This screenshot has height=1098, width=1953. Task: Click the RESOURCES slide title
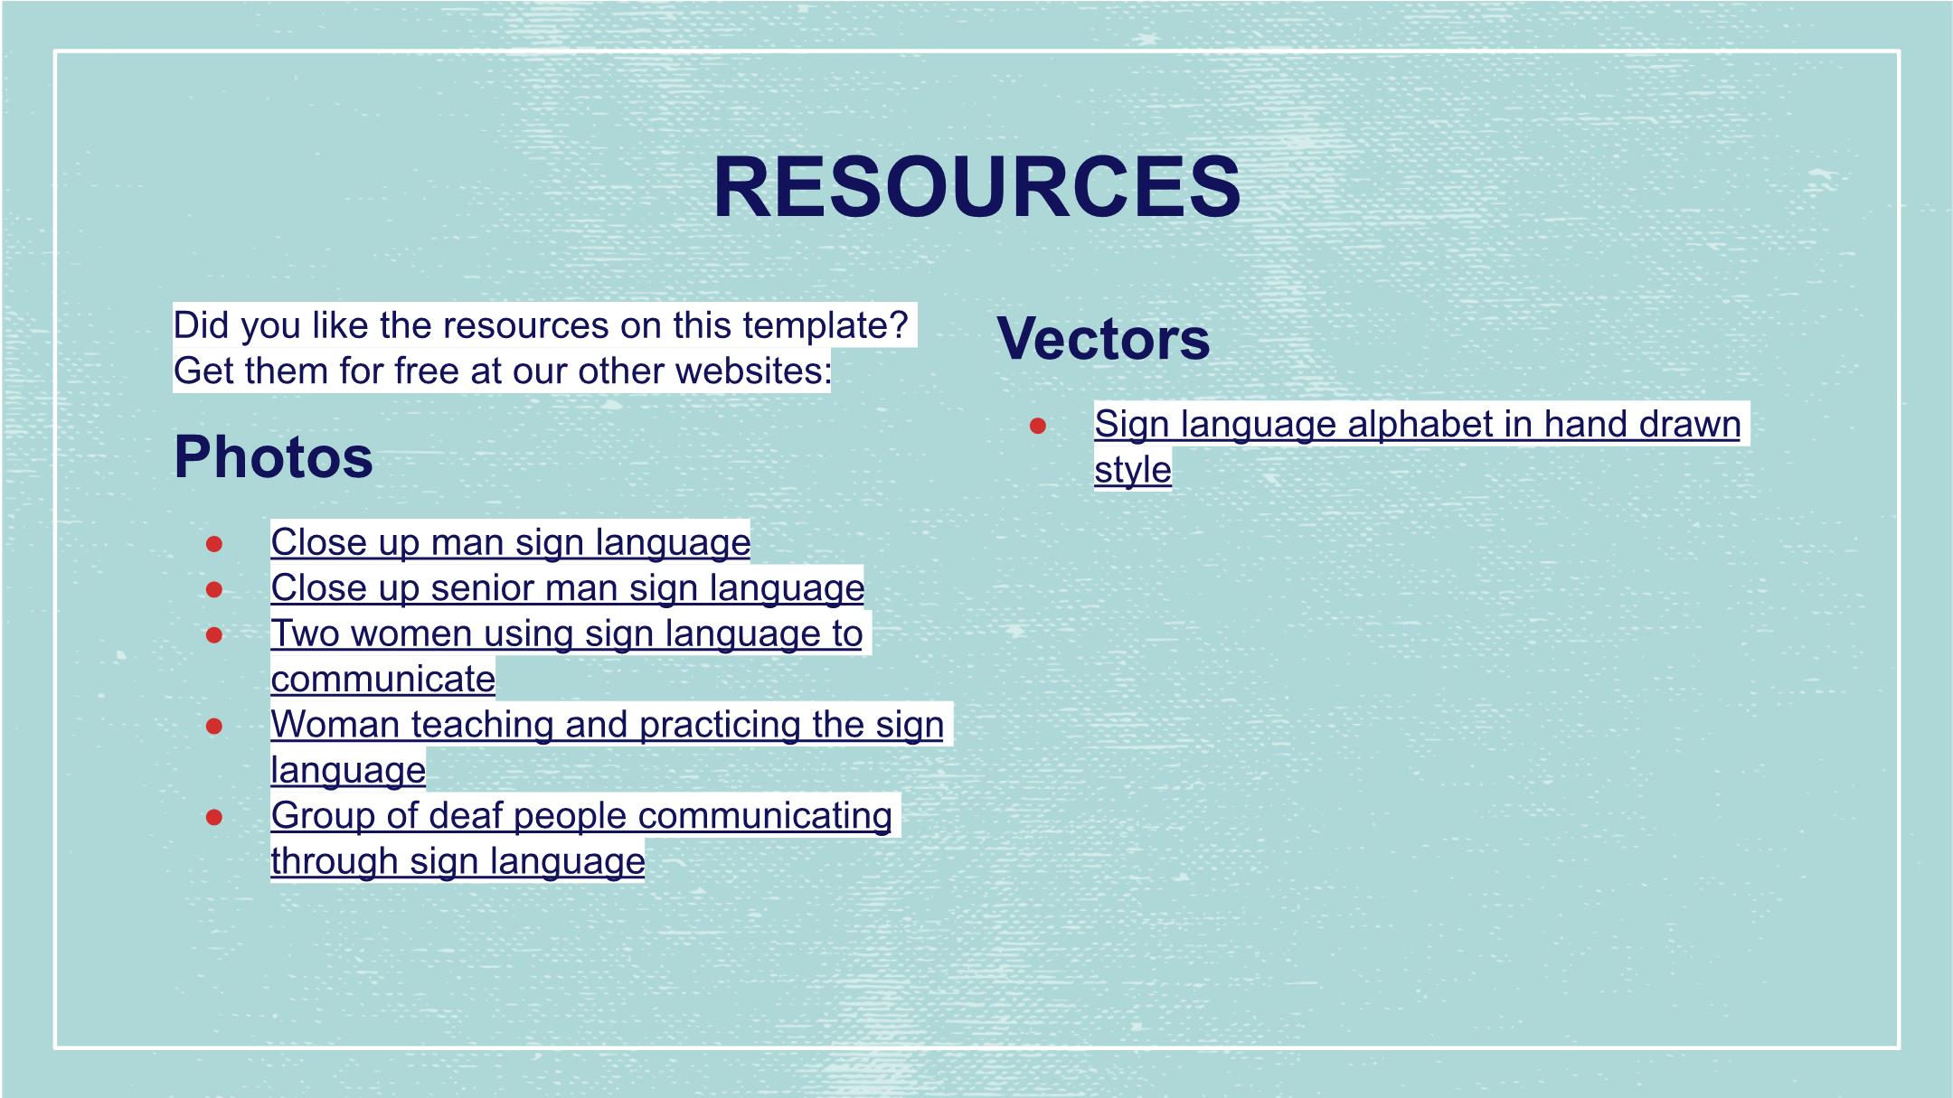click(976, 187)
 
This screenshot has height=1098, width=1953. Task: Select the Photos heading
click(273, 456)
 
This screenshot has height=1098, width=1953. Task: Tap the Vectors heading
click(1103, 339)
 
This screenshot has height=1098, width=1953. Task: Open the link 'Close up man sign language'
click(511, 542)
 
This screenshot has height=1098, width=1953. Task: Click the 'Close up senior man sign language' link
click(568, 587)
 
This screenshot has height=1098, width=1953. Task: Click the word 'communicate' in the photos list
click(383, 679)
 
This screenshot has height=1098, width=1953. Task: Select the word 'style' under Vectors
click(1133, 470)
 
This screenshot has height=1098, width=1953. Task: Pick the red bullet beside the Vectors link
click(1038, 426)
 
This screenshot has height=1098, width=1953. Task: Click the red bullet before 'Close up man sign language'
click(214, 544)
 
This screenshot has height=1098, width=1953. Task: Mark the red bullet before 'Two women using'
click(214, 635)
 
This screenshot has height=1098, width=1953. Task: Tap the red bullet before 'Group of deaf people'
click(214, 817)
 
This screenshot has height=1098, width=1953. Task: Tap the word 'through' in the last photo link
click(335, 861)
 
